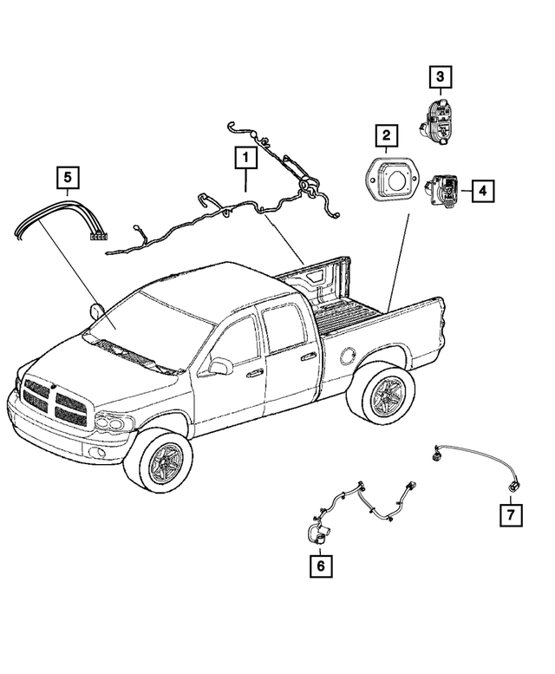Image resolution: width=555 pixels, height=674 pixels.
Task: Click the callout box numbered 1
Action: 245,158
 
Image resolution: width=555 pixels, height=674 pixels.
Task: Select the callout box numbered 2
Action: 387,135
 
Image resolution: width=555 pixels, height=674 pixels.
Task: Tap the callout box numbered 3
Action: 440,78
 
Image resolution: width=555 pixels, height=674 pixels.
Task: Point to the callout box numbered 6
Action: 320,566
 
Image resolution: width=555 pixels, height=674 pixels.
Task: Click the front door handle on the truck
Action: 255,374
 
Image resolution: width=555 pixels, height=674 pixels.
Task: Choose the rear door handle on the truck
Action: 308,356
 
